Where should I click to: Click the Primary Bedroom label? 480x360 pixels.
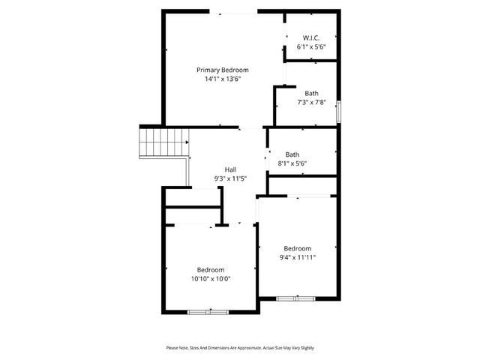click(222, 70)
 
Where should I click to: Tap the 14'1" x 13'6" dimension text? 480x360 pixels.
click(222, 79)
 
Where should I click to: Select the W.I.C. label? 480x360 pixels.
click(311, 37)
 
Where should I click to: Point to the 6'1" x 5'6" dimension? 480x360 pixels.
click(311, 46)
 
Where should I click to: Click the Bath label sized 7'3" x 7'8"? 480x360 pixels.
click(311, 93)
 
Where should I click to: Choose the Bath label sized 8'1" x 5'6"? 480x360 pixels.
click(292, 154)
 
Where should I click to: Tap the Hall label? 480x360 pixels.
click(230, 169)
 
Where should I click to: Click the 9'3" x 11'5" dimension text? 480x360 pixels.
click(230, 178)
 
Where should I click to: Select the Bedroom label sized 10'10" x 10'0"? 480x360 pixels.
click(211, 270)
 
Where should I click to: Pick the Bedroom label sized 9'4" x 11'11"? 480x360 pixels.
click(297, 248)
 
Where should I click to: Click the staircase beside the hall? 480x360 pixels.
click(163, 142)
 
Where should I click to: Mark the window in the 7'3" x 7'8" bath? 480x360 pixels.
click(339, 111)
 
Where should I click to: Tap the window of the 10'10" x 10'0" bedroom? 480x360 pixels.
click(208, 311)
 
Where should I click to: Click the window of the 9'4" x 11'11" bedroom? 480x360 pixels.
click(296, 298)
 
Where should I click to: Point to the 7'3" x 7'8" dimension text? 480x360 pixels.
click(311, 102)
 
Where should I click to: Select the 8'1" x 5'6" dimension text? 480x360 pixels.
click(292, 163)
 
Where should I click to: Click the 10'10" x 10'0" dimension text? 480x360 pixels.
click(211, 279)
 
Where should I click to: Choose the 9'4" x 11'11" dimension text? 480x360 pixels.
click(297, 257)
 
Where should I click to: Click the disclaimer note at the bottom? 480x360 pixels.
click(240, 348)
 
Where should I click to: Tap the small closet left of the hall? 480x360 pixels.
click(193, 197)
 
